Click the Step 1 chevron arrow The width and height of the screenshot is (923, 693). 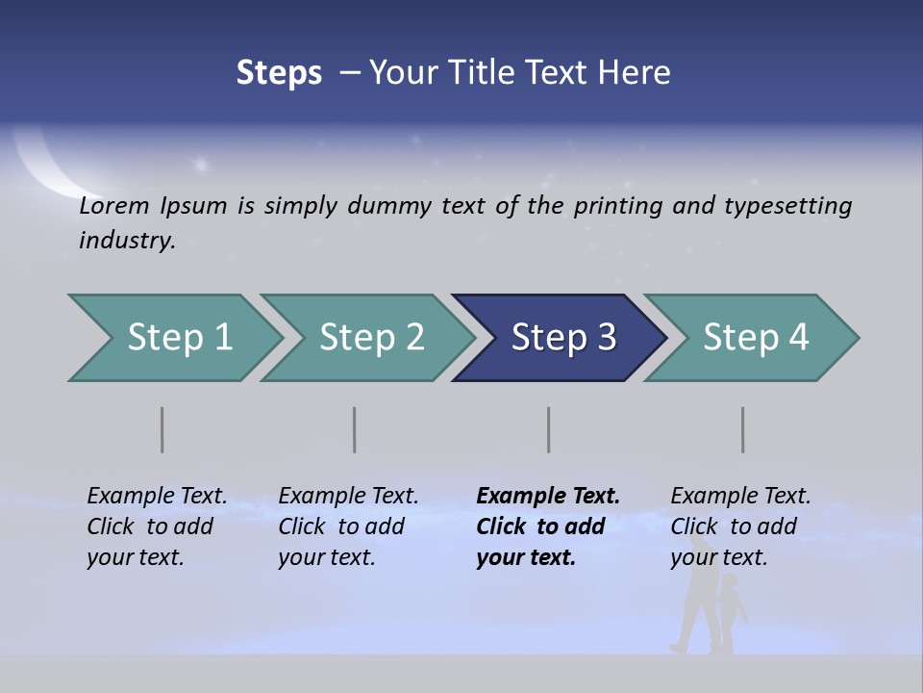tap(178, 338)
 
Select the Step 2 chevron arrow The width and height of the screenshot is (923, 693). tap(370, 338)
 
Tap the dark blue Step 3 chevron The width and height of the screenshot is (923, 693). tap(562, 338)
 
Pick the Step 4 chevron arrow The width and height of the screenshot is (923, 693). tap(755, 338)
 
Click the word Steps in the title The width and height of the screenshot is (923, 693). tap(279, 72)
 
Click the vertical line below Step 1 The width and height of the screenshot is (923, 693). tap(162, 429)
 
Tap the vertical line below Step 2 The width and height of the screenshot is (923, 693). tap(355, 429)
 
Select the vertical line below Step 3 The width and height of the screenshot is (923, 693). tap(549, 429)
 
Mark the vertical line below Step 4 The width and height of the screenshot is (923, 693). tap(743, 429)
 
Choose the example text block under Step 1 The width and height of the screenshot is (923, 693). tap(157, 526)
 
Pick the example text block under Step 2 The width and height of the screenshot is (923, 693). tap(348, 526)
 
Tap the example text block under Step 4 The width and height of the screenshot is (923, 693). tap(740, 526)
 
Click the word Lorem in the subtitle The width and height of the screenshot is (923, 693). tap(114, 206)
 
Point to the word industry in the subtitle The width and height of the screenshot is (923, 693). tap(127, 241)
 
